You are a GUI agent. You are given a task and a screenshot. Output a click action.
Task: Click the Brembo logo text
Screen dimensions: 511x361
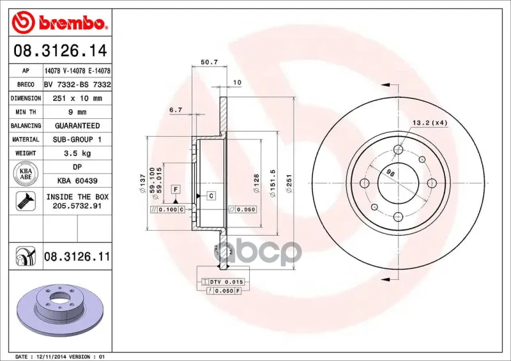(72, 23)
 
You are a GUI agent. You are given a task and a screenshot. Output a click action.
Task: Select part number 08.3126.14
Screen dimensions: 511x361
(60, 50)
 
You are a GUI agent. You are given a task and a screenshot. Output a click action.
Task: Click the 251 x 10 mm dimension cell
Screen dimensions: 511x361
(77, 98)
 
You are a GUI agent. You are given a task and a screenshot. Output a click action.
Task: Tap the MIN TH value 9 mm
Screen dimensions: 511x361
(77, 112)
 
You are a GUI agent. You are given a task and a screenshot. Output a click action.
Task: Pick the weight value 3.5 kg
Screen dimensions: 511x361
(77, 153)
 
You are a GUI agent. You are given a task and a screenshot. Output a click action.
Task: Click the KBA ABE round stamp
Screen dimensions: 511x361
(26, 174)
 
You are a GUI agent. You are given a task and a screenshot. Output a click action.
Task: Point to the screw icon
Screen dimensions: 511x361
(26, 201)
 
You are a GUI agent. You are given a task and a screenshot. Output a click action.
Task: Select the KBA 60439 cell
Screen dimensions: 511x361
(77, 181)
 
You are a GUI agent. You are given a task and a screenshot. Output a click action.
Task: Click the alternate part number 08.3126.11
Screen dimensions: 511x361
(77, 257)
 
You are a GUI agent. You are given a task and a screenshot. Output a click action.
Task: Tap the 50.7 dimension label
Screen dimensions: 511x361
(210, 62)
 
